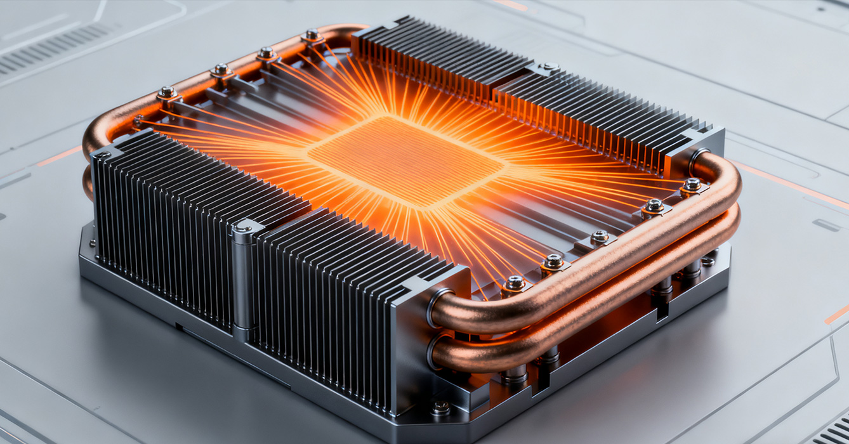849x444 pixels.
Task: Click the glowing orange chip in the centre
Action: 406,161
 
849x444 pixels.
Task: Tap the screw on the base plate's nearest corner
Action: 440,407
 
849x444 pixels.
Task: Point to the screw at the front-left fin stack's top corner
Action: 102,154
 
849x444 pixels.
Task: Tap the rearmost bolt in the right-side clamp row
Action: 692,185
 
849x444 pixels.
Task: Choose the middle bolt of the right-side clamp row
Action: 600,237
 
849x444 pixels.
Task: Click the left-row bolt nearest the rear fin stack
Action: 312,36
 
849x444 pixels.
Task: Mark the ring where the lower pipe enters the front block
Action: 434,351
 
